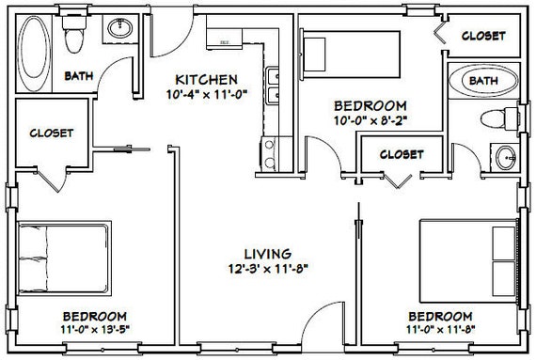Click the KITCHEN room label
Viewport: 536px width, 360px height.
coord(206,80)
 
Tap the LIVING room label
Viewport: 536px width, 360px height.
coord(268,254)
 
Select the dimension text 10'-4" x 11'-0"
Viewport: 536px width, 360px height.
coord(207,94)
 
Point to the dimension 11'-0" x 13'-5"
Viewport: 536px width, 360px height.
coord(95,330)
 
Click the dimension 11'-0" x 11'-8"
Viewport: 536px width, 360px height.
coord(441,330)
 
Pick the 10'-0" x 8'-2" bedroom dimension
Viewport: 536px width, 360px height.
coord(370,120)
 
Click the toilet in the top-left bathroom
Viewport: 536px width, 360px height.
coord(74,34)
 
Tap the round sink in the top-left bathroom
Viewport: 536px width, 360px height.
coord(120,28)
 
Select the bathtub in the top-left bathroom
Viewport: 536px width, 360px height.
coord(34,54)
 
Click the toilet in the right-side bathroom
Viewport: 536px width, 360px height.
coord(499,118)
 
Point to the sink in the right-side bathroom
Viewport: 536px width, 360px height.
coord(506,158)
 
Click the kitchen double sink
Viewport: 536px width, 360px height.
coord(273,86)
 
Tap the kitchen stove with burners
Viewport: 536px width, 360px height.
coord(270,154)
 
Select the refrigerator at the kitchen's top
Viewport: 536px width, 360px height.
coord(224,39)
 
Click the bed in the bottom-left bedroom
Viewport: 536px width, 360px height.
coord(64,258)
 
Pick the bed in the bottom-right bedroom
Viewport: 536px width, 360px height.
coord(468,261)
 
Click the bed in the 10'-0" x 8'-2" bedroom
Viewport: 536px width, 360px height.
coord(351,55)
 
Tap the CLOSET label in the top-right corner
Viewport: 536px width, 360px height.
coord(483,36)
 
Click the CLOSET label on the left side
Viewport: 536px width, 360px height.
coord(52,133)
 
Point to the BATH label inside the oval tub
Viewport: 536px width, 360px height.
coord(483,81)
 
